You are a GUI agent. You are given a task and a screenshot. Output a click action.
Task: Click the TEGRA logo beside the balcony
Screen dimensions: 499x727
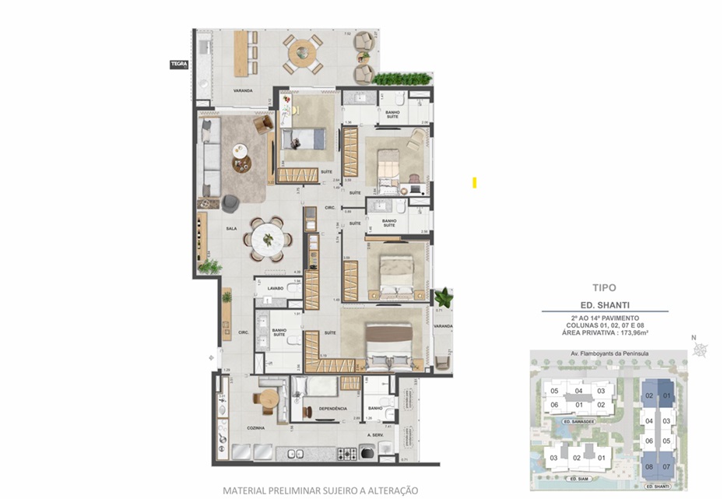(x=179, y=65)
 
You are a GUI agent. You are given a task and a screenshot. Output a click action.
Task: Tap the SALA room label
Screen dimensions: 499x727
(x=231, y=229)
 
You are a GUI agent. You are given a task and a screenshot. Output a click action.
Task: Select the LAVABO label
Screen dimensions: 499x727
(x=275, y=288)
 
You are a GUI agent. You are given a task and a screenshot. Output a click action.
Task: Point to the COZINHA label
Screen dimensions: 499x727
(x=256, y=427)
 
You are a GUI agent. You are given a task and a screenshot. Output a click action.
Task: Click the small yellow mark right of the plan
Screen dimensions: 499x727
(x=474, y=183)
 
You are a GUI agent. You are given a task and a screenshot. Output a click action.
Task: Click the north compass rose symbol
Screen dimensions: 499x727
(x=703, y=349)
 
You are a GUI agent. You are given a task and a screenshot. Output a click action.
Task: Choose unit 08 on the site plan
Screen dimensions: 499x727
(x=648, y=467)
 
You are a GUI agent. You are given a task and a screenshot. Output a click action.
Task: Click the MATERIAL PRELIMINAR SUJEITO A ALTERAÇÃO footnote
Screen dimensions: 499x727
(x=320, y=490)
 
